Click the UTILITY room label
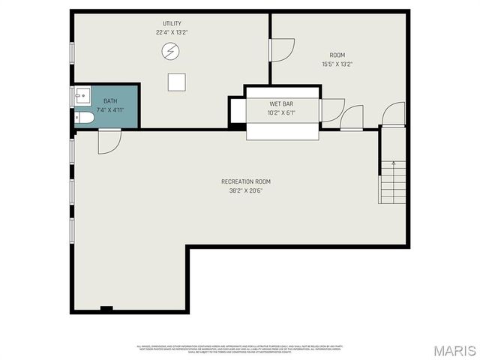(172, 24)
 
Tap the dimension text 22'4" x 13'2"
(172, 33)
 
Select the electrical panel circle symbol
(171, 51)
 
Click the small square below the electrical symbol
(176, 82)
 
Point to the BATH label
(110, 101)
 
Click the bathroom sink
(82, 95)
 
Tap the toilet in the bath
(84, 118)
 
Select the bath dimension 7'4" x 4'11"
(110, 110)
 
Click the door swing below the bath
(108, 140)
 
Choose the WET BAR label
(281, 103)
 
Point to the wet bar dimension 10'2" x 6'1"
(281, 113)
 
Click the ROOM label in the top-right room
(337, 55)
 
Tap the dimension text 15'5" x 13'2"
(337, 64)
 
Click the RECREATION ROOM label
(245, 181)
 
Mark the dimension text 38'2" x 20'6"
(245, 190)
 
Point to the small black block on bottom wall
(106, 308)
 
